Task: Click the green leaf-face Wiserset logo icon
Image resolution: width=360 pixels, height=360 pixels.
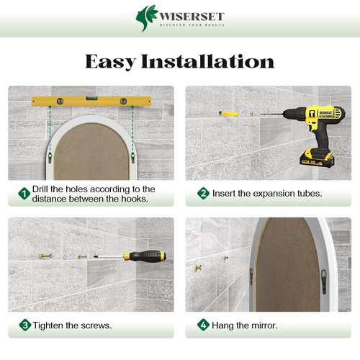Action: click(x=146, y=18)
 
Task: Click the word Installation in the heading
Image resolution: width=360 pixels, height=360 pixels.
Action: click(x=207, y=61)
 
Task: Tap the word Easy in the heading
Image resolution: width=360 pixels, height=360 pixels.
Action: click(x=111, y=62)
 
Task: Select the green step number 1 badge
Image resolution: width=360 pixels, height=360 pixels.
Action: click(x=24, y=194)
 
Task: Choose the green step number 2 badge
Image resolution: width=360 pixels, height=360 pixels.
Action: click(x=203, y=193)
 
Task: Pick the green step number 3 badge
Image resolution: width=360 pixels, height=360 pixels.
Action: click(x=25, y=325)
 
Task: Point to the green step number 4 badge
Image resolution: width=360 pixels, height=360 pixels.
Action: click(x=203, y=325)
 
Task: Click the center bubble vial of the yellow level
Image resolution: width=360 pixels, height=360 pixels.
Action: click(x=91, y=98)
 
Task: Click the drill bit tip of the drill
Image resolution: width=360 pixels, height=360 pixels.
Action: click(x=261, y=114)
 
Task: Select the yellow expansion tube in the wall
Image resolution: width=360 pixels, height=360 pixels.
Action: click(x=228, y=113)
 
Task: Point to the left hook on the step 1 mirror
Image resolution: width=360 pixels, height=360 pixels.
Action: click(x=50, y=157)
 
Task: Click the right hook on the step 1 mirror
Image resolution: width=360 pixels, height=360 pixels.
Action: click(x=132, y=157)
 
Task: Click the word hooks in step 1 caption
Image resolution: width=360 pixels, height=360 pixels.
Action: click(x=135, y=199)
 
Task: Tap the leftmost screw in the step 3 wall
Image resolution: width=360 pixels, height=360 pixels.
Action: click(x=45, y=256)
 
